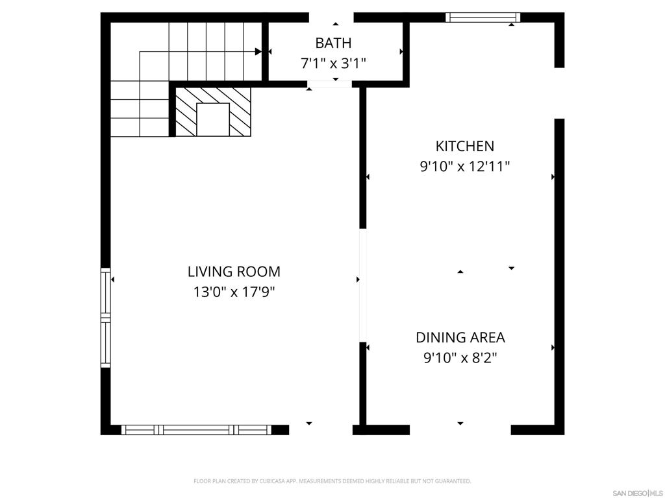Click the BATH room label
pyautogui.click(x=333, y=43)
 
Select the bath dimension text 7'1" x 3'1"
pyautogui.click(x=333, y=64)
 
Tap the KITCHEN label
pyautogui.click(x=464, y=147)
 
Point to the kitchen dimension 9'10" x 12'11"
pyautogui.click(x=464, y=167)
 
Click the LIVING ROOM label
pyautogui.click(x=234, y=272)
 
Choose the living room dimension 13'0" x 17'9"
pyautogui.click(x=234, y=292)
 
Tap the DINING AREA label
pyautogui.click(x=460, y=337)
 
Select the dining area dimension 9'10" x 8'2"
pyautogui.click(x=460, y=357)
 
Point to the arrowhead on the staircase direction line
pyautogui.click(x=258, y=51)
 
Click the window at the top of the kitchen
pyautogui.click(x=483, y=18)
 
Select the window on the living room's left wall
pyautogui.click(x=105, y=318)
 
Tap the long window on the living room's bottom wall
pyautogui.click(x=196, y=429)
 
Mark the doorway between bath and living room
pyautogui.click(x=331, y=84)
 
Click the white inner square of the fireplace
pyautogui.click(x=212, y=119)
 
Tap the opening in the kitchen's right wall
pyautogui.click(x=559, y=93)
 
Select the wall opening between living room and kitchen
pyautogui.click(x=363, y=285)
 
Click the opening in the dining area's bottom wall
pyautogui.click(x=460, y=429)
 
